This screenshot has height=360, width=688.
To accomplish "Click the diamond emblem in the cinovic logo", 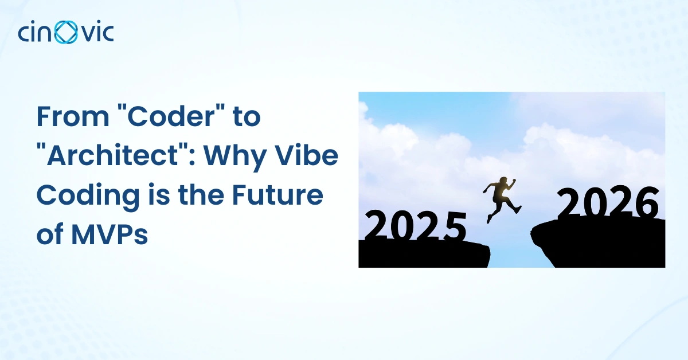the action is (x=66, y=32).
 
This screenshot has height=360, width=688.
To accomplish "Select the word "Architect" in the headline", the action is (x=113, y=155).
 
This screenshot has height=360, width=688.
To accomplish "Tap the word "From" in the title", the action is (x=73, y=116).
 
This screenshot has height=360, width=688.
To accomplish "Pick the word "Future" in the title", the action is (x=277, y=195).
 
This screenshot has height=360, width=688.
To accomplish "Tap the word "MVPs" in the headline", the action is (x=110, y=234).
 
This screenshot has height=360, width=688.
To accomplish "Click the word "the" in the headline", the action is (x=201, y=194).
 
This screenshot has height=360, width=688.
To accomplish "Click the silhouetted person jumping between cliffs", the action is (x=502, y=199).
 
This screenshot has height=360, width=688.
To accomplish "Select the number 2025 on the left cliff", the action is (x=416, y=225).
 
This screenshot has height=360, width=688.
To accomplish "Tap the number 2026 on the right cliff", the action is (x=608, y=202).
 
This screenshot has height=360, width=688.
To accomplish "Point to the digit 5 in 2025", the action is (x=455, y=226).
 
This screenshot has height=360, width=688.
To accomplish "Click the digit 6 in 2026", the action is (x=647, y=203).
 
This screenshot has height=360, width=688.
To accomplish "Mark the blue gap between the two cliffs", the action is (x=511, y=249).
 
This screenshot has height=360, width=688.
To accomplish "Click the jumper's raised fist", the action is (x=514, y=181).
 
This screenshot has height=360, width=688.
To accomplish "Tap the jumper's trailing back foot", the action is (x=488, y=219).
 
